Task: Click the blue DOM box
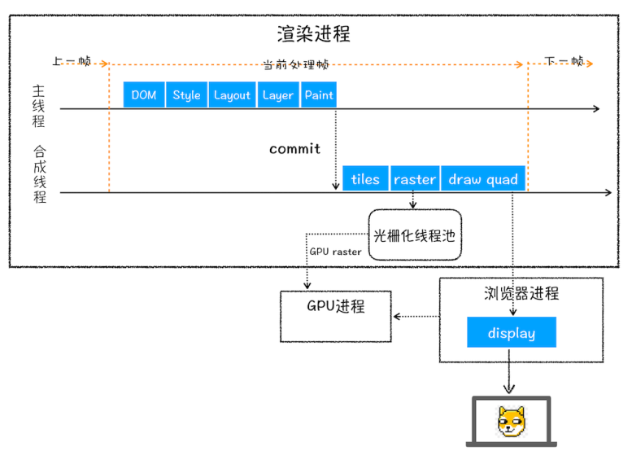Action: [x=144, y=94]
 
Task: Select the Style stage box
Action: [x=186, y=94]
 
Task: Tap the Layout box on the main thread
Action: [x=232, y=94]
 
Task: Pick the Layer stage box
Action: [x=277, y=94]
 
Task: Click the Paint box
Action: [x=319, y=94]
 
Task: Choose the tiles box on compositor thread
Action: [x=365, y=179]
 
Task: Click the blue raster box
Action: [x=415, y=179]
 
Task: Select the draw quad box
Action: [x=483, y=179]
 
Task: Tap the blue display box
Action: [x=512, y=333]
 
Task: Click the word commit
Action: [x=294, y=149]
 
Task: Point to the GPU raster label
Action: [x=335, y=252]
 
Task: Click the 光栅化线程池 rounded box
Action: [x=414, y=235]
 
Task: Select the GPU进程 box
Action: [x=335, y=307]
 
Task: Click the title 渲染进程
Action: [x=313, y=34]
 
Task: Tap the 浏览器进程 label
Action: [x=521, y=293]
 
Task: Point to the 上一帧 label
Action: [x=71, y=61]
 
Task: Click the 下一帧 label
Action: [x=564, y=61]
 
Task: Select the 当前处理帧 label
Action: [x=297, y=64]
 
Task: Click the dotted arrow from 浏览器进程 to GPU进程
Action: [x=416, y=316]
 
